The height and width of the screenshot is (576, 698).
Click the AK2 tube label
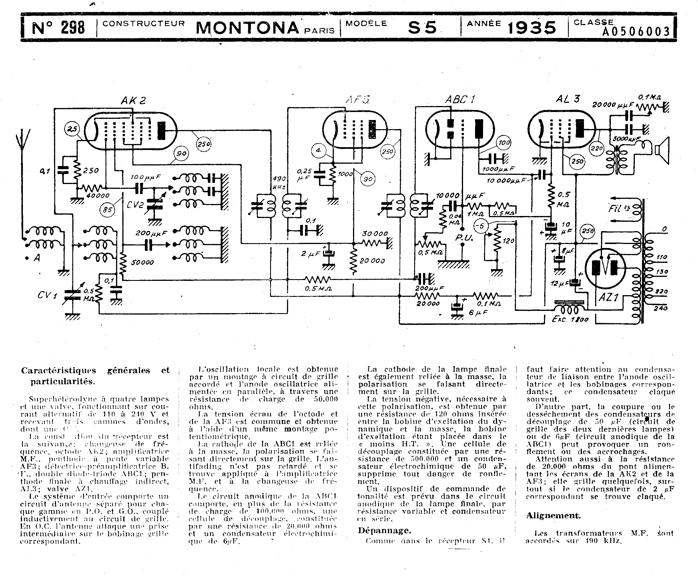(133, 100)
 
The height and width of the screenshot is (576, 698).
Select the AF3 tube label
(358, 99)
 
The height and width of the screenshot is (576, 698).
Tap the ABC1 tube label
(460, 99)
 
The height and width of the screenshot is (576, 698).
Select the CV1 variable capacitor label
(47, 294)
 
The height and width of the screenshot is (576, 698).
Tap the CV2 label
(135, 205)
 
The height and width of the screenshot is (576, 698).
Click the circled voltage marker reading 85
(107, 210)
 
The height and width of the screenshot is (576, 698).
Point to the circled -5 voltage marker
(480, 227)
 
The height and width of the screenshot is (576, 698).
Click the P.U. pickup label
(463, 238)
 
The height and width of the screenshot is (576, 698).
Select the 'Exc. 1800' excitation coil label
(570, 319)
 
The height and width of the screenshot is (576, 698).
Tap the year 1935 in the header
(532, 28)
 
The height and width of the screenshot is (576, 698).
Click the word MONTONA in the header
(247, 28)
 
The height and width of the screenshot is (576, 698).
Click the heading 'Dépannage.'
(384, 530)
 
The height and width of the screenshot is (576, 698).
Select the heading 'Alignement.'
(553, 515)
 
